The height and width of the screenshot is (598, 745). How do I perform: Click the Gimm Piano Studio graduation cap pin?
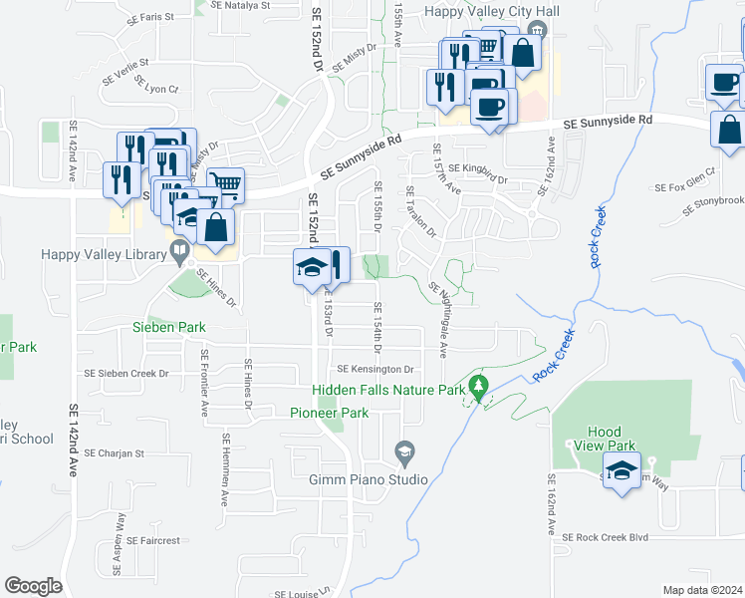pos(404,454)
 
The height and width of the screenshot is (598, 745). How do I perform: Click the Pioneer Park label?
pos(329,413)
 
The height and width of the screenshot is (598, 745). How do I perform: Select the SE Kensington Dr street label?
pos(373,369)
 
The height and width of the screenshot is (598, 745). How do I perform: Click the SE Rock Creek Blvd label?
pos(605,537)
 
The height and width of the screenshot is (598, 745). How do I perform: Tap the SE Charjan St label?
pos(115,452)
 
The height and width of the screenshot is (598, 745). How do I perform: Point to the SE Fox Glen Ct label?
pos(684,186)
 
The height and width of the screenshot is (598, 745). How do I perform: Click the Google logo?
pos(33,585)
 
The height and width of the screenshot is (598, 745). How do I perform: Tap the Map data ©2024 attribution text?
pos(702,590)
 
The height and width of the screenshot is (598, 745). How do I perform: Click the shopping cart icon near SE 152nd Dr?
pos(227,183)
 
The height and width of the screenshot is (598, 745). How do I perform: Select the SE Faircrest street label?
pos(153,540)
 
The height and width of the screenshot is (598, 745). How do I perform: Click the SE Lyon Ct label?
pos(155,89)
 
